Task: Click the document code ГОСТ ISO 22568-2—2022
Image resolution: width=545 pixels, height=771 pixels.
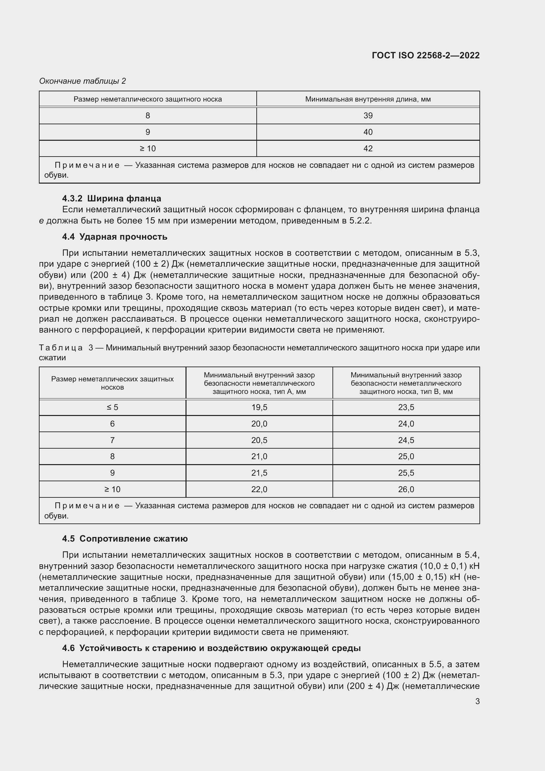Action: tap(425, 55)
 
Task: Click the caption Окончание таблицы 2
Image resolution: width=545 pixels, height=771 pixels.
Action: tap(83, 81)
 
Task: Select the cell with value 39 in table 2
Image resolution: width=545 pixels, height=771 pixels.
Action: tap(368, 116)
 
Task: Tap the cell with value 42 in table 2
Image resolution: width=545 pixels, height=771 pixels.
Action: tap(368, 148)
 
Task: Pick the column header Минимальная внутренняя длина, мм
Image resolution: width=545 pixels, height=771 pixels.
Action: tap(368, 100)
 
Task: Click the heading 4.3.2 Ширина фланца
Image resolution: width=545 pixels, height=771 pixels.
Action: tap(111, 198)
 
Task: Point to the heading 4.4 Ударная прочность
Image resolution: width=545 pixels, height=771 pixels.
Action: tap(114, 237)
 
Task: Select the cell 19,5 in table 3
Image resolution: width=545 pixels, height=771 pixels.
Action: tap(259, 407)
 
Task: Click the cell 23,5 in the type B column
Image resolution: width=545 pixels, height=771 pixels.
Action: tap(406, 407)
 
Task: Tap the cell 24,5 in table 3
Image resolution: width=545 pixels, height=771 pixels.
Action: tap(406, 440)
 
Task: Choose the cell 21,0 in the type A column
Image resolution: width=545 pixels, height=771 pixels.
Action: tap(259, 456)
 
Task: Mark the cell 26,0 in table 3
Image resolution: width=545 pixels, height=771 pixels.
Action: tap(406, 489)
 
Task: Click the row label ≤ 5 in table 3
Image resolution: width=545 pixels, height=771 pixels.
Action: tap(112, 407)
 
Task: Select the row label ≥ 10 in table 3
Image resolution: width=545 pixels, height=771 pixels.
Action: tap(112, 489)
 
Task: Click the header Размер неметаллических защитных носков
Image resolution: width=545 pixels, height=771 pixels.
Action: tap(112, 383)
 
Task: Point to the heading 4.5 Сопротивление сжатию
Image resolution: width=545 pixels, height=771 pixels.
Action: tap(125, 539)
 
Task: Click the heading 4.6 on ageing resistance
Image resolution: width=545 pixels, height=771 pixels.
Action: tap(212, 648)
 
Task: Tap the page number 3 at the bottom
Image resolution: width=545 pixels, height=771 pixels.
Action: tap(477, 701)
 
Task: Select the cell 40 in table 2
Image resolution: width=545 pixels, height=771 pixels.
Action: tap(368, 132)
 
